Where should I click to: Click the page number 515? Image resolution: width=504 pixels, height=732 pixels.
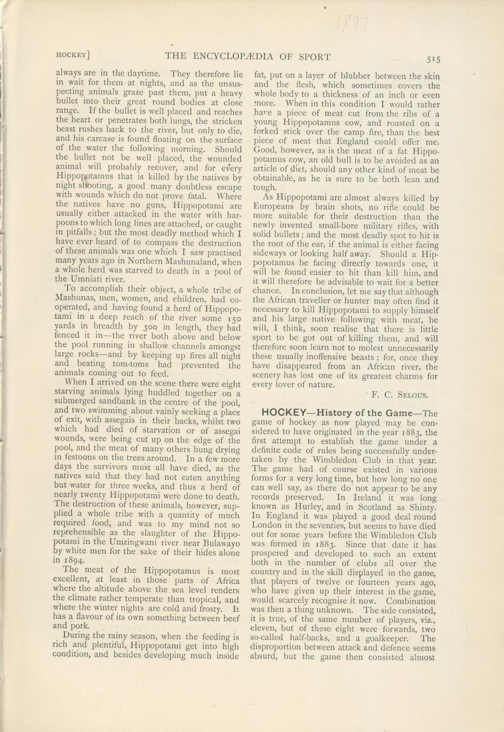click(434, 59)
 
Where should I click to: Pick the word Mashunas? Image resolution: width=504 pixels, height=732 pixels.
click(76, 297)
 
